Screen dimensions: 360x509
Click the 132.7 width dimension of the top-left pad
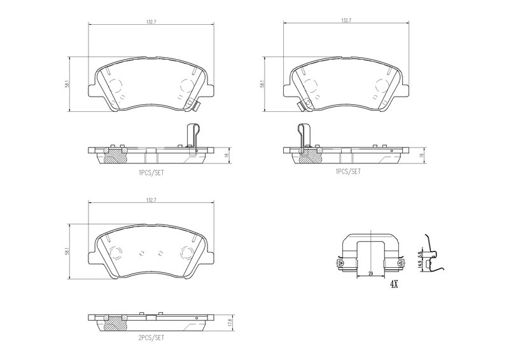[150, 21]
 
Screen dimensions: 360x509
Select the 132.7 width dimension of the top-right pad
[346, 21]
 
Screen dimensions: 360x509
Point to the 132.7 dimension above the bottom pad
[150, 200]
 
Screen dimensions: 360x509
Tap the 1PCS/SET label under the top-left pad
[151, 172]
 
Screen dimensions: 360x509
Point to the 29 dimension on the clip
[369, 273]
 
